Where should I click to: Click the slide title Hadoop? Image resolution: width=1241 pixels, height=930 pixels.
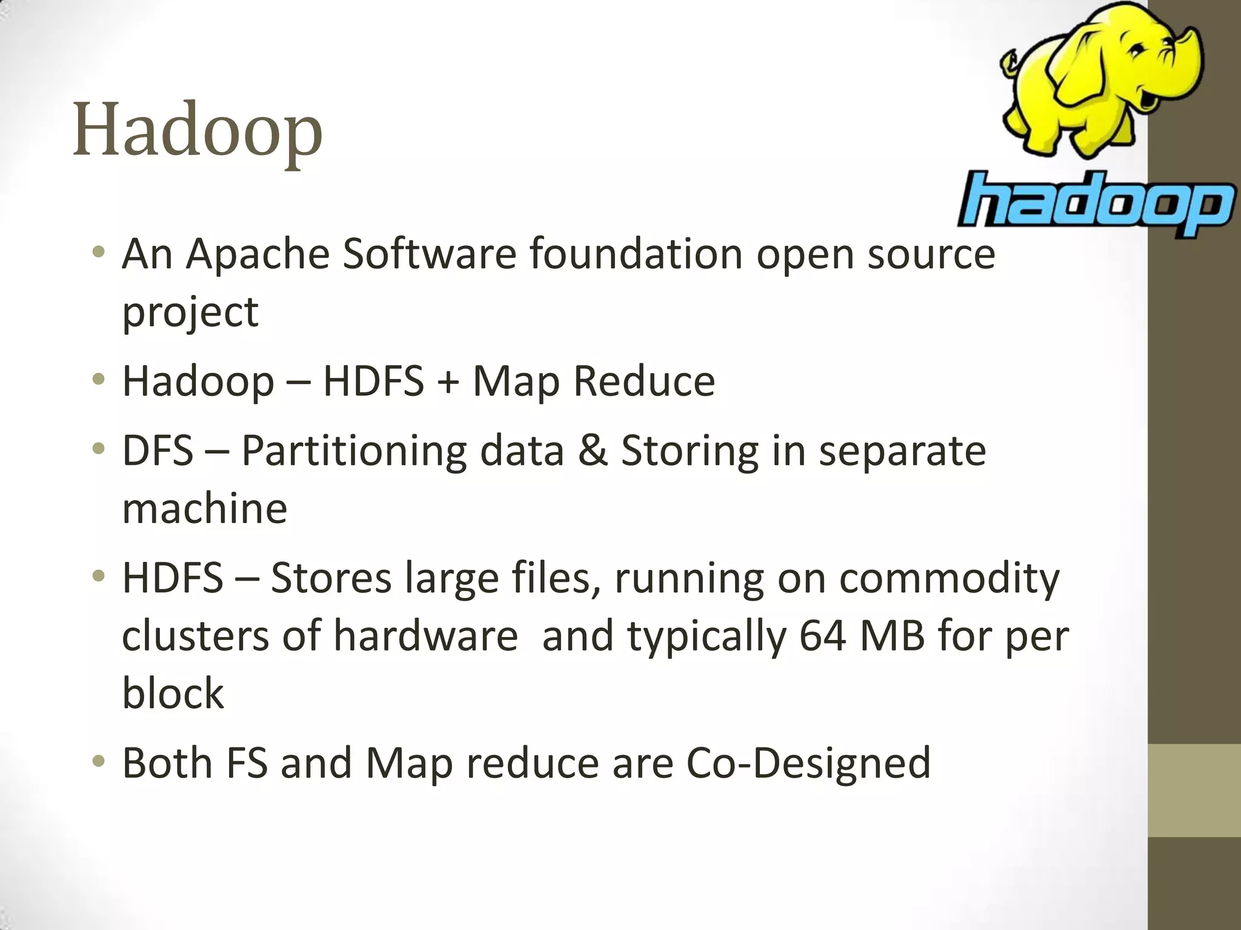click(x=198, y=130)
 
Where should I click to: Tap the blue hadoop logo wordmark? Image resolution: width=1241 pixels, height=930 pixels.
click(x=1096, y=203)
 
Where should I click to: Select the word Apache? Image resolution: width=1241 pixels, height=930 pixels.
click(x=258, y=254)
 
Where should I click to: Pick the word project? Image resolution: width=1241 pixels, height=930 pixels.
click(x=190, y=312)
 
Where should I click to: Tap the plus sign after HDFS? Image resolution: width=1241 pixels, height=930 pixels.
click(x=448, y=382)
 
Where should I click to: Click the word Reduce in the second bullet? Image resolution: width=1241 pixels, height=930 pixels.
click(x=644, y=381)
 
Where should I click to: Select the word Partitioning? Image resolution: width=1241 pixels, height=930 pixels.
click(x=354, y=452)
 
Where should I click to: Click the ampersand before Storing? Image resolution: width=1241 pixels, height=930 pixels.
click(x=592, y=451)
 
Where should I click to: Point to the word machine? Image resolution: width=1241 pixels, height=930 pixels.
click(x=205, y=508)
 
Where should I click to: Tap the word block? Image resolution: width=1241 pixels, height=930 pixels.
click(x=173, y=693)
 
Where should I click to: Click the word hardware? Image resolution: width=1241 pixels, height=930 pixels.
click(x=425, y=636)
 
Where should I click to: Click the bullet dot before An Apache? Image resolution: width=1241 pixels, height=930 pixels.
click(x=99, y=252)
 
